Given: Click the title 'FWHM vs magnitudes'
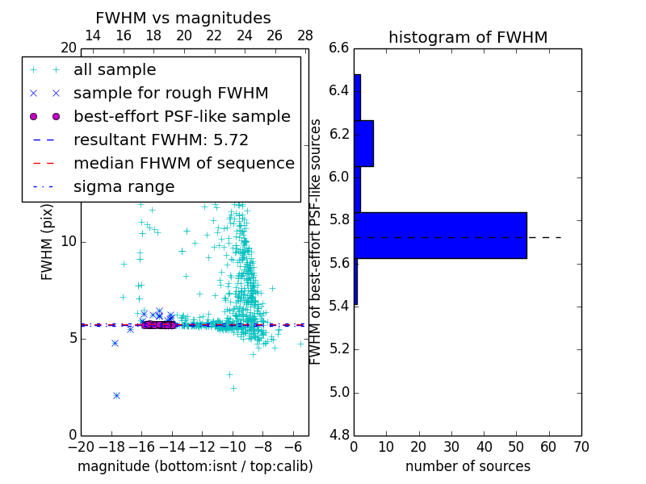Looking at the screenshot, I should (x=182, y=19).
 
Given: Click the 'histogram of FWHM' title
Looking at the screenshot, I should (x=468, y=37).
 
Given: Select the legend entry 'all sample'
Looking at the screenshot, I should (x=115, y=70).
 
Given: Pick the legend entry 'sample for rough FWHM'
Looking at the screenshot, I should (x=170, y=93).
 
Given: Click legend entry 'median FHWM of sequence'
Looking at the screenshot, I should (x=183, y=163).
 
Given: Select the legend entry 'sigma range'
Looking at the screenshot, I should (x=124, y=187).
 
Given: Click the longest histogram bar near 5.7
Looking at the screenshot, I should (x=440, y=236).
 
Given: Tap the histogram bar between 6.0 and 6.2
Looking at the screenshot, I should (x=363, y=144).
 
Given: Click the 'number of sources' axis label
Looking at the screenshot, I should (x=468, y=466).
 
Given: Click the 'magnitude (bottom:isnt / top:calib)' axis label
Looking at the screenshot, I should (x=195, y=466).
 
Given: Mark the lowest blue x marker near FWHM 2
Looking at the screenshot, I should (x=116, y=395).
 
